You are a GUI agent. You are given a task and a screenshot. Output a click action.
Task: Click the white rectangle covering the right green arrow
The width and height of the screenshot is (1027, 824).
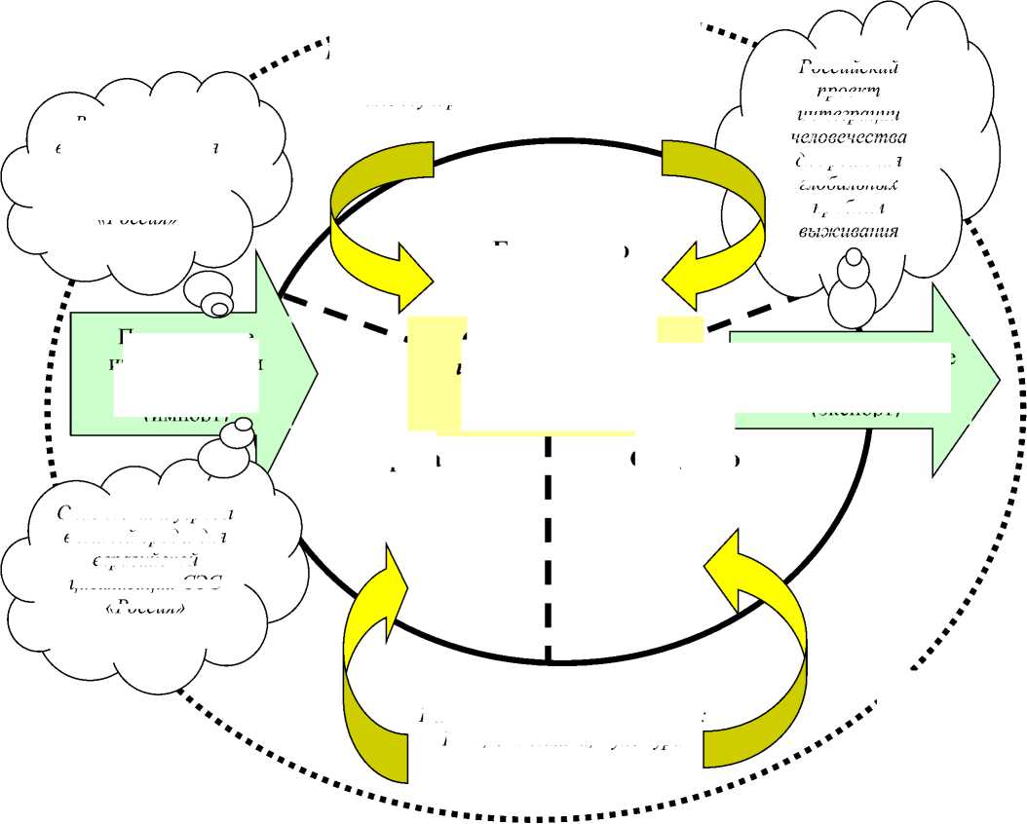[x=838, y=375]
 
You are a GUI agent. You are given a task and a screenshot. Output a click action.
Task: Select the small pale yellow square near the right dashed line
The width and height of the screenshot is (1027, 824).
[x=680, y=329]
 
